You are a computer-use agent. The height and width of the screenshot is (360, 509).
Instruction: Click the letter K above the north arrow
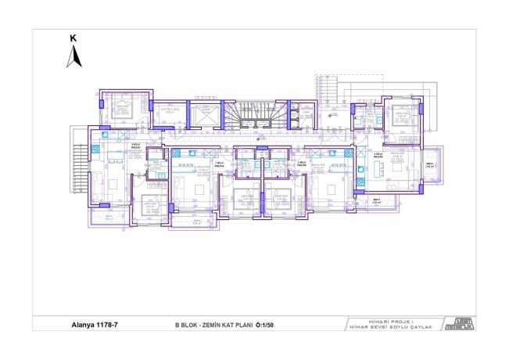[x=73, y=38]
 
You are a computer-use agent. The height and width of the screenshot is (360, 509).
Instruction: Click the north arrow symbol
[x=73, y=56]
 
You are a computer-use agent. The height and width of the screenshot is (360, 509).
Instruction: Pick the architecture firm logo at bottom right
[x=459, y=322]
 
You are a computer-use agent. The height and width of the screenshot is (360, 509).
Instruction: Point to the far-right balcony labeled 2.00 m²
[x=428, y=166]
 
